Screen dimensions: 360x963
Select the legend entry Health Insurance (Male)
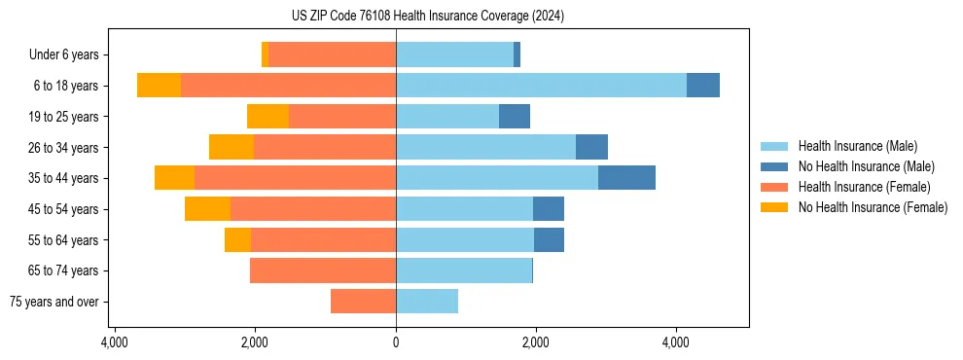tap(857, 146)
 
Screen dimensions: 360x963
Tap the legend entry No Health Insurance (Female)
tap(873, 207)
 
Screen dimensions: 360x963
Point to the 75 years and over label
tap(54, 302)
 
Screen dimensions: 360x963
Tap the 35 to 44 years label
tap(63, 178)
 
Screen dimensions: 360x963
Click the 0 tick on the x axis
tap(396, 342)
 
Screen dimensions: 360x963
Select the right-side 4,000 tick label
tap(676, 342)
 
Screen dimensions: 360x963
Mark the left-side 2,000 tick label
tap(255, 342)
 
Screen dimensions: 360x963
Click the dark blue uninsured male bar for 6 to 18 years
tap(703, 86)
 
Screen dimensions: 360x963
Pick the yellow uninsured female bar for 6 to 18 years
tap(159, 86)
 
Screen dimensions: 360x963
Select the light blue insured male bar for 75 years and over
tap(427, 302)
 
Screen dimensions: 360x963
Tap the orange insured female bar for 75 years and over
tap(363, 302)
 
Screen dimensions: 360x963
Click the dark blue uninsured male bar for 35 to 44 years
tap(626, 178)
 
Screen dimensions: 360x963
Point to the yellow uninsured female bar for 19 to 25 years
tap(267, 117)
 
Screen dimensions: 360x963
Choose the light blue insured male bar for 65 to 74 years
tap(464, 270)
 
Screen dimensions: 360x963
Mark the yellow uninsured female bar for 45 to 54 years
tap(207, 209)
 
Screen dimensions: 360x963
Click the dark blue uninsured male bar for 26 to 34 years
tap(591, 147)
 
